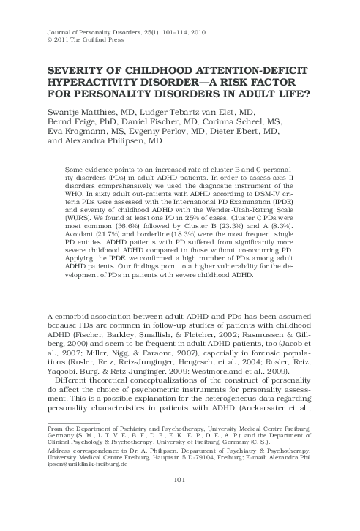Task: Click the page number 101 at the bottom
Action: [x=179, y=500]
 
